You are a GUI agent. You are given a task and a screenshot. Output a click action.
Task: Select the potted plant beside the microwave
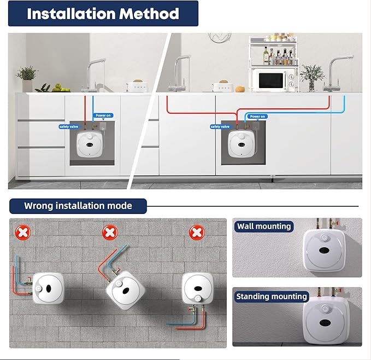click(x=313, y=76)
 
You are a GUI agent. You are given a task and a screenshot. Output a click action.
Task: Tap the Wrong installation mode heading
click(x=78, y=206)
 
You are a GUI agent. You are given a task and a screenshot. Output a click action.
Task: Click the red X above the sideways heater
click(x=23, y=233)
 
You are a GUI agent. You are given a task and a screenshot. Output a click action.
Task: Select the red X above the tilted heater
click(x=110, y=233)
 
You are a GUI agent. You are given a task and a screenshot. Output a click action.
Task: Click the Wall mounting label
click(x=264, y=226)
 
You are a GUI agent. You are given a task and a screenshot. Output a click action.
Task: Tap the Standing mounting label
click(x=271, y=297)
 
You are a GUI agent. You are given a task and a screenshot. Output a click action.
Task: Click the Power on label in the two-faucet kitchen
click(x=257, y=117)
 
